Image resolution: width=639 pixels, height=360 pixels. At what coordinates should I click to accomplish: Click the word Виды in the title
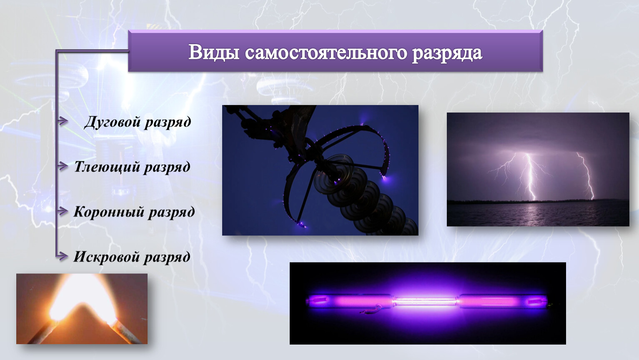pyautogui.click(x=214, y=52)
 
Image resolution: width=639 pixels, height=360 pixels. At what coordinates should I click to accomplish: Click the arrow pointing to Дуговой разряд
pyautogui.click(x=63, y=121)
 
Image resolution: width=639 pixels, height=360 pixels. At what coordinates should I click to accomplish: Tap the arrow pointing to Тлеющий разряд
pyautogui.click(x=63, y=166)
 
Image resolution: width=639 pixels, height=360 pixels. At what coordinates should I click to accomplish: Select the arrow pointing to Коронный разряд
pyautogui.click(x=63, y=211)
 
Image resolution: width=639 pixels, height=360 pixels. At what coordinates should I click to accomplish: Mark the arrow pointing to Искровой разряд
pyautogui.click(x=63, y=256)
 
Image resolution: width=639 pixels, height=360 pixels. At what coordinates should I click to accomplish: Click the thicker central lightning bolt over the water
pyautogui.click(x=530, y=177)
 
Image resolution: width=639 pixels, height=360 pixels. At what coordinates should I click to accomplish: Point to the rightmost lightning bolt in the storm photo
pyautogui.click(x=586, y=175)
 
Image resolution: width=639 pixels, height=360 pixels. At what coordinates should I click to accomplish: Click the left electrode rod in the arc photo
pyautogui.click(x=43, y=332)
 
